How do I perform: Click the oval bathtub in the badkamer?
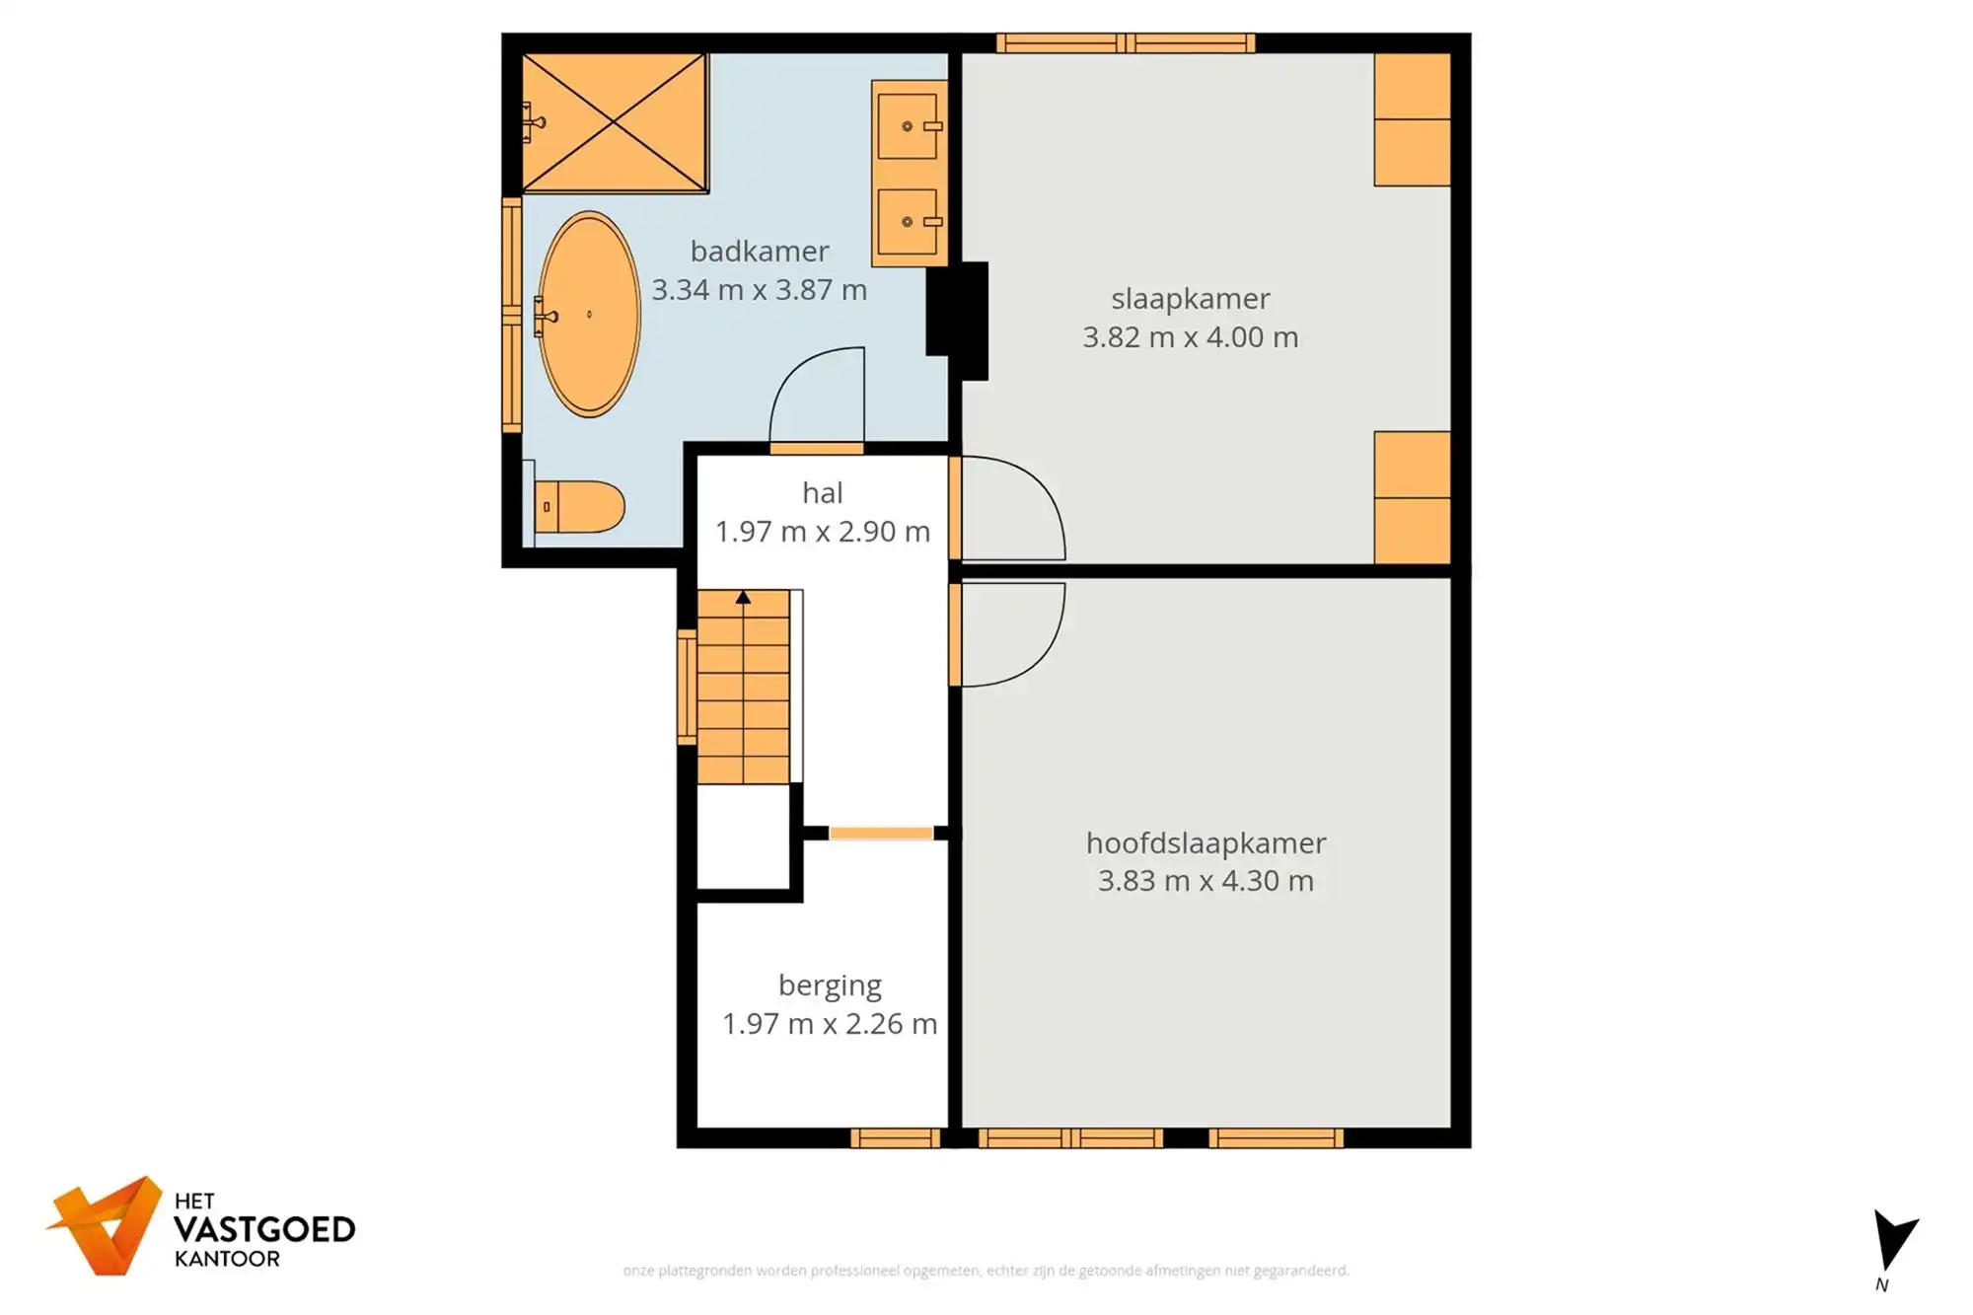589,314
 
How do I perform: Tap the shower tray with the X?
614,122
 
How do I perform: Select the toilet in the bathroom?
581,507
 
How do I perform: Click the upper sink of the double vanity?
908,125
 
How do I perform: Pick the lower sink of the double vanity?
908,221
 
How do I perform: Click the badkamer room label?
759,252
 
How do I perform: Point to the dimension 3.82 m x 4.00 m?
1190,337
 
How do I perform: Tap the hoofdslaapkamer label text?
1206,842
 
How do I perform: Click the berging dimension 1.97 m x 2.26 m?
829,1024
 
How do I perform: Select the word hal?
822,492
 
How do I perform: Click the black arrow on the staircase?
743,598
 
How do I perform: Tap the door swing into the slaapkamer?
1011,508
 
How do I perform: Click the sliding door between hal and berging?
880,834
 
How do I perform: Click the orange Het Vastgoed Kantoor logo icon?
107,1225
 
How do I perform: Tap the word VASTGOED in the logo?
264,1229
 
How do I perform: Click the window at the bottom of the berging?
895,1138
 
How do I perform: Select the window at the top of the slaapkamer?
1125,42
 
